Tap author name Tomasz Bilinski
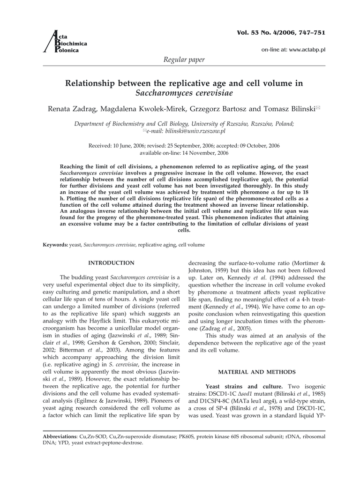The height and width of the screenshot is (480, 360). click(277, 109)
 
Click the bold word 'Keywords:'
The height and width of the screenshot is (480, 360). click(55, 245)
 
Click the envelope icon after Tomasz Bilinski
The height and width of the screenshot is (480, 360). click(317, 108)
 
